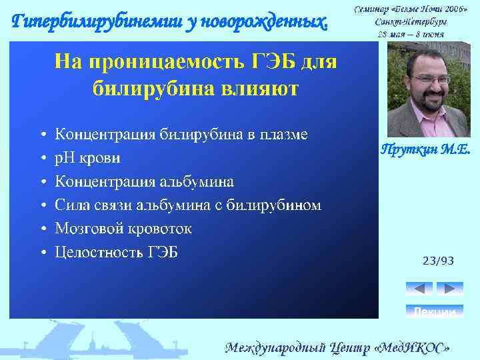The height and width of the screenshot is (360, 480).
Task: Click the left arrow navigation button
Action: pyautogui.click(x=419, y=289)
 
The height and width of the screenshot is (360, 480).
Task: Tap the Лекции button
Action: pyautogui.click(x=434, y=311)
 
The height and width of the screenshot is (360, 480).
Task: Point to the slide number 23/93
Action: pyautogui.click(x=438, y=261)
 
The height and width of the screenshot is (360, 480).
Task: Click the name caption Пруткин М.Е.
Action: pyautogui.click(x=425, y=151)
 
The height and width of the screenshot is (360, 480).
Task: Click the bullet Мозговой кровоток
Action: pyautogui.click(x=123, y=229)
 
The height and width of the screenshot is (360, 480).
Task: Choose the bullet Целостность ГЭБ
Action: pyautogui.click(x=116, y=252)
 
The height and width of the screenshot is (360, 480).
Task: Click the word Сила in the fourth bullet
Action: pyautogui.click(x=71, y=205)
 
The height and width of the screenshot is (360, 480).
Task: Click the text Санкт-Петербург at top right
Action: pyautogui.click(x=410, y=21)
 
